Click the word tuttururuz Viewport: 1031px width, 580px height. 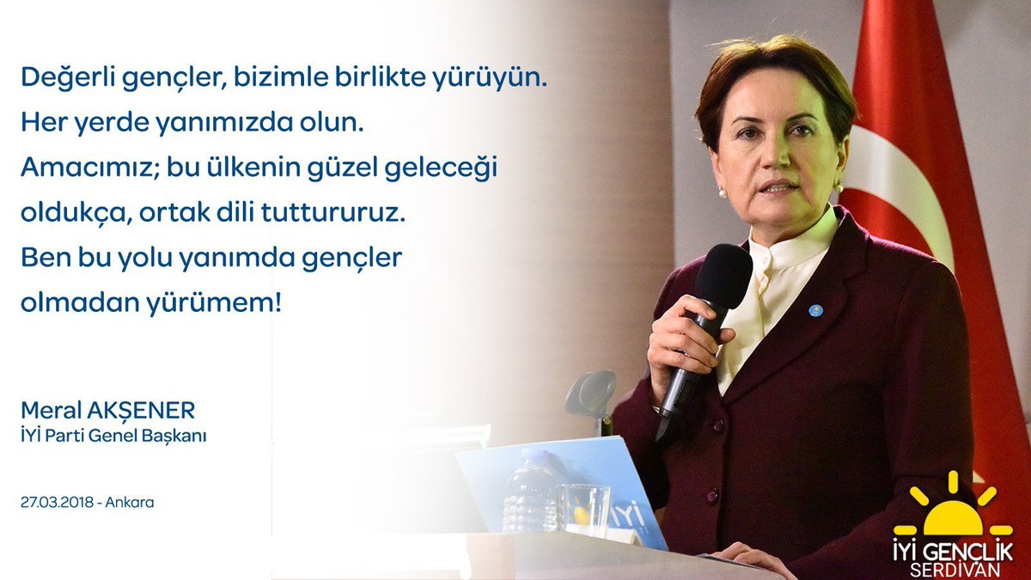(x=333, y=212)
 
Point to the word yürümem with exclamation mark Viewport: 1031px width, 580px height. (x=214, y=304)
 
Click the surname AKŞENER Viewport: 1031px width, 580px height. (x=147, y=411)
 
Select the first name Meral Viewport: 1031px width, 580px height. (x=57, y=411)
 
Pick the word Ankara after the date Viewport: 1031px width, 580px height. (x=130, y=502)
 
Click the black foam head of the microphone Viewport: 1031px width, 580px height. (x=723, y=275)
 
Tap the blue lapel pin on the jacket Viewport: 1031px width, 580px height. (x=814, y=311)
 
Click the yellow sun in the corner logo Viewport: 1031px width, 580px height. (x=952, y=508)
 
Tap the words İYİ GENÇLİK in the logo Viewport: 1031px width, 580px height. (x=953, y=551)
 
